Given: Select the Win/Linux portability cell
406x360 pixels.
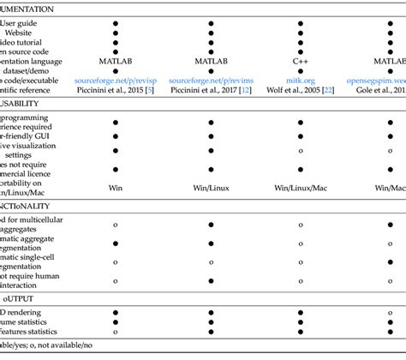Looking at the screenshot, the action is (x=210, y=186).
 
